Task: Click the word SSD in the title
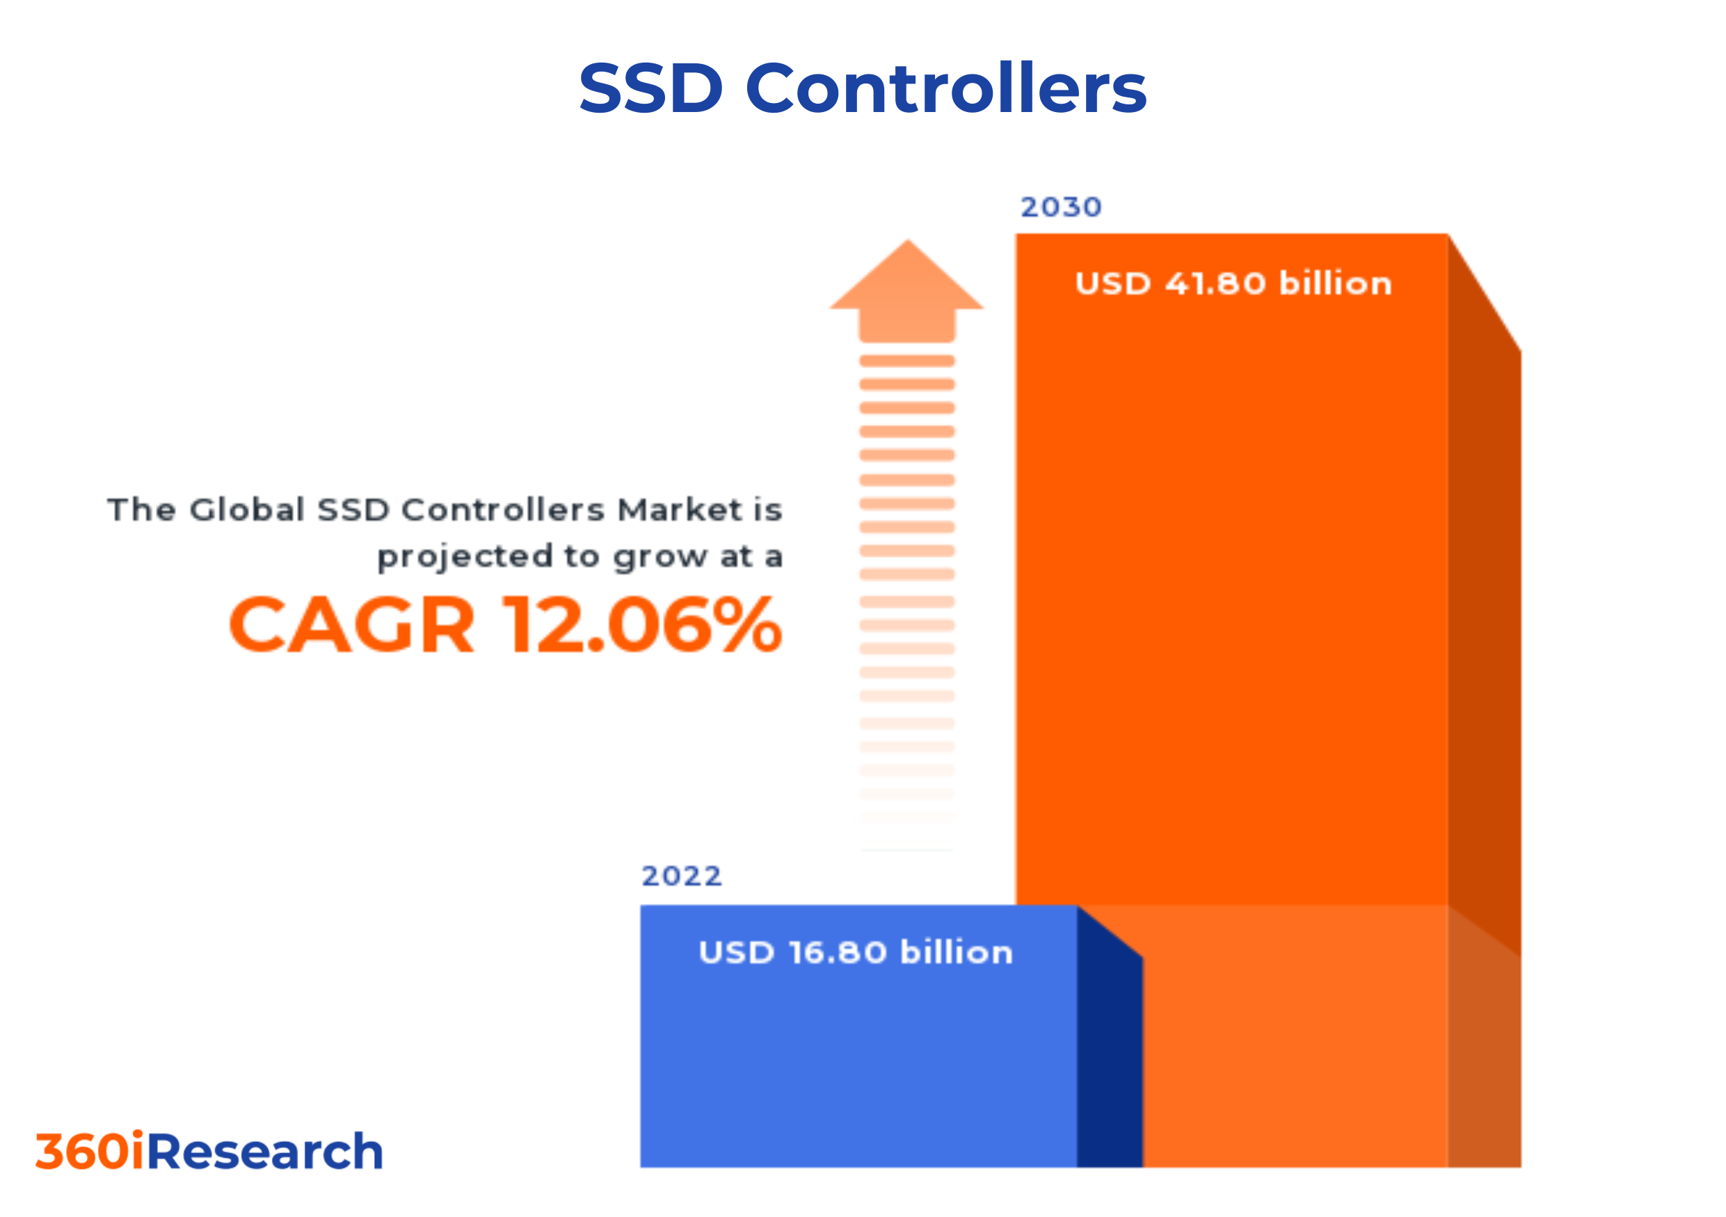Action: [x=650, y=88]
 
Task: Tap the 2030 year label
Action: [x=1061, y=207]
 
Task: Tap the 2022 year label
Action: [x=681, y=876]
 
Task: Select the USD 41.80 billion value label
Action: [x=1233, y=283]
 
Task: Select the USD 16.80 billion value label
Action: [x=856, y=953]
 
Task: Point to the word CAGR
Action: [x=352, y=625]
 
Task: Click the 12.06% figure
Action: [x=644, y=625]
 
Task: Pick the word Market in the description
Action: [x=680, y=509]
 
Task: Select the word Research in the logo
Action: [x=264, y=1152]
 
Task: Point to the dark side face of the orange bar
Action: [x=1484, y=639]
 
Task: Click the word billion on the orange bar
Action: [x=1335, y=283]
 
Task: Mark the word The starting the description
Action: [x=141, y=509]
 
